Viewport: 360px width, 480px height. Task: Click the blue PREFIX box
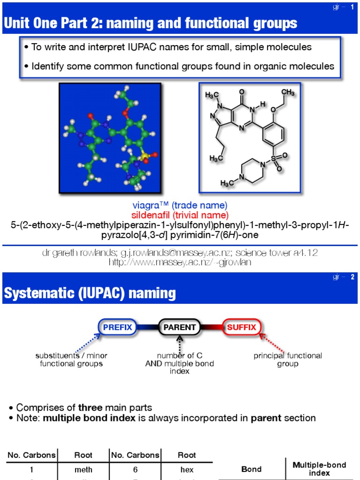[117, 327]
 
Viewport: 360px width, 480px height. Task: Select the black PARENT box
[180, 327]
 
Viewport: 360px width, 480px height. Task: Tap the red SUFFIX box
[242, 327]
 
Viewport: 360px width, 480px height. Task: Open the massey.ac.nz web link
[180, 262]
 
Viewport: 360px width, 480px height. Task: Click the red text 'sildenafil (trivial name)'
[180, 215]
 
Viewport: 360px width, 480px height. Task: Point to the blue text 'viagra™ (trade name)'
[180, 205]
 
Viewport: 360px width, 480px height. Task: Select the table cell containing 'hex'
[187, 469]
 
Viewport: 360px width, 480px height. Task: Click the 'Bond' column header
[251, 469]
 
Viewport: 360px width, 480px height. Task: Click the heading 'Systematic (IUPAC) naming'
[90, 293]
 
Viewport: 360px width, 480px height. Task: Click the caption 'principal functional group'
[288, 360]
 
